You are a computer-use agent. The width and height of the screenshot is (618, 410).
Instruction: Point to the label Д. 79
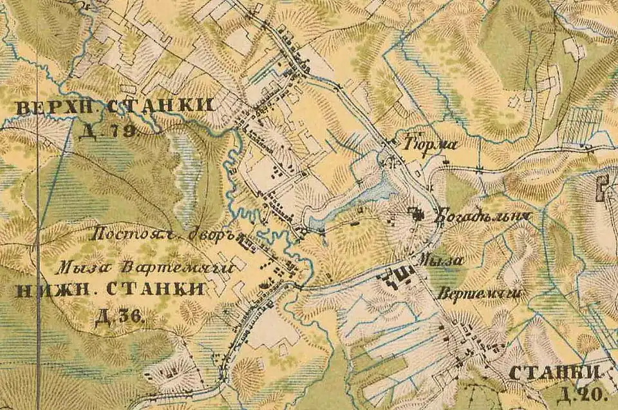(111, 132)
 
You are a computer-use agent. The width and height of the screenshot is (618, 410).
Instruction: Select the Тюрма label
(429, 144)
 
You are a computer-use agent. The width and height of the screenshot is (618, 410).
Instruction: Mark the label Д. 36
(120, 317)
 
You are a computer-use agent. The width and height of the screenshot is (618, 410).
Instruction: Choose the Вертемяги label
(478, 293)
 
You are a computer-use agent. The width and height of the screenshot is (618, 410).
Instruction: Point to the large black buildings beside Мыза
(395, 277)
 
